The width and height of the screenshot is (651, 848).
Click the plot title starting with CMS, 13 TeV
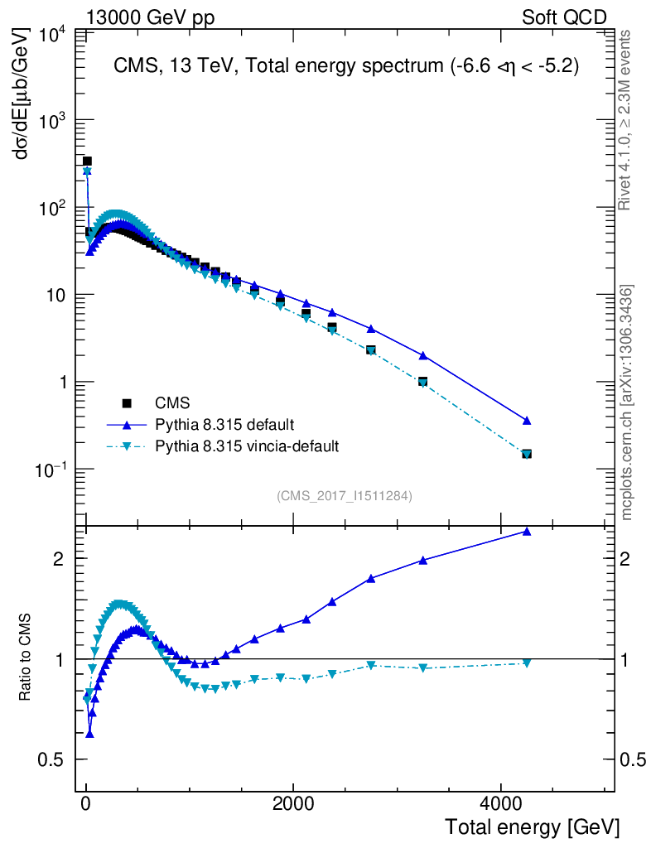[345, 67]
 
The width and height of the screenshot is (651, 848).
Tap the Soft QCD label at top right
[564, 17]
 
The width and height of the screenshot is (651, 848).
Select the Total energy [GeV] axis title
[533, 826]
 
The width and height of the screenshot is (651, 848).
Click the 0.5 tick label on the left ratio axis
[55, 760]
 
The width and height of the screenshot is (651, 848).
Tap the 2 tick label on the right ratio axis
[630, 559]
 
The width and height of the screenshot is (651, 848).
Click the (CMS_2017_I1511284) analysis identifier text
[345, 495]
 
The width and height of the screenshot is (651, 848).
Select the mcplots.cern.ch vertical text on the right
[629, 403]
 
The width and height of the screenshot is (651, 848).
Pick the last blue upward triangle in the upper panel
[526, 421]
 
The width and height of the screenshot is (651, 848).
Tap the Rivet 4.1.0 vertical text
[627, 119]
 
